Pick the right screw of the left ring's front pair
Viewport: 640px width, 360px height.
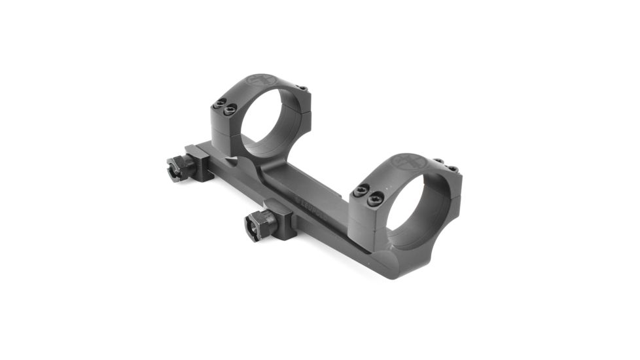tap(229, 109)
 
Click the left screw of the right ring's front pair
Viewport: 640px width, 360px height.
tap(359, 192)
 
